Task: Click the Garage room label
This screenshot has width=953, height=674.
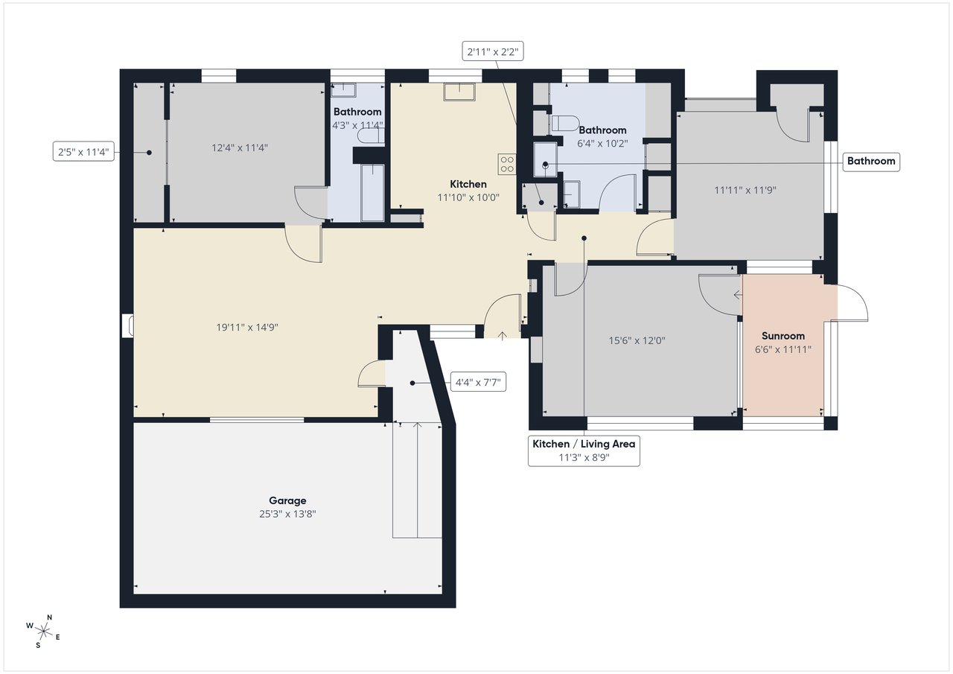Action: tap(287, 500)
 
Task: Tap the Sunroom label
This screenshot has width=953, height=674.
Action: tap(783, 336)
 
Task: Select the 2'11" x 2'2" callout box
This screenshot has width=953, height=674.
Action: tap(493, 51)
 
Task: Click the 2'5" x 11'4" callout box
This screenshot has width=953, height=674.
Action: tap(83, 151)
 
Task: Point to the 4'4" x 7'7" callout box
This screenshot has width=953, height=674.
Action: tap(478, 382)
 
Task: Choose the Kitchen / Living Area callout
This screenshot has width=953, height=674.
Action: tap(584, 451)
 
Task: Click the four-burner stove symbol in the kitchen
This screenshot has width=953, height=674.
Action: tap(507, 165)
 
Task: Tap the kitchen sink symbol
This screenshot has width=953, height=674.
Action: tap(459, 92)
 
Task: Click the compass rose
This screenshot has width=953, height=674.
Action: tap(43, 631)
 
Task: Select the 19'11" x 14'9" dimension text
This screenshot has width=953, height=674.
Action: tap(247, 327)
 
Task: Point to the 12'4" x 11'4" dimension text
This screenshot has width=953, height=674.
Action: tap(240, 147)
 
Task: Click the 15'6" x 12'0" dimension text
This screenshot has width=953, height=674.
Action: tap(637, 340)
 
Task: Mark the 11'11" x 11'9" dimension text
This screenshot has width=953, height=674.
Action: tap(745, 190)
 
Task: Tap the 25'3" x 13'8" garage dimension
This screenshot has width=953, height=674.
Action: tap(287, 514)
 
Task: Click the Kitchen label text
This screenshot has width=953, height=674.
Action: tap(468, 184)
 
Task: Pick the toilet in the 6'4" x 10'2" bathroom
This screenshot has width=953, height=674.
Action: tap(565, 123)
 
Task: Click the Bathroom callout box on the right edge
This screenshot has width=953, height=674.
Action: tap(871, 162)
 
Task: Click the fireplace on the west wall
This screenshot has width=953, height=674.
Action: tap(127, 326)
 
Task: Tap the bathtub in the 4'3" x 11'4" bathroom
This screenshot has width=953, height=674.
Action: tap(372, 193)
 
